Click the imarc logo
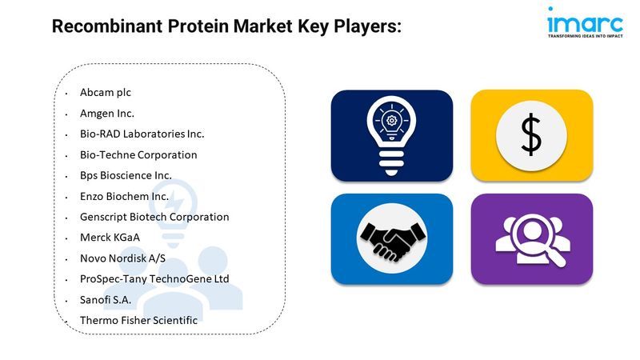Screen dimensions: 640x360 coord(586,22)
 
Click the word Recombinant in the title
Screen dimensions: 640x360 coord(107,26)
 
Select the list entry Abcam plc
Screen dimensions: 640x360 coord(106,93)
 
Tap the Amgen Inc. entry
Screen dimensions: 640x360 coord(107,114)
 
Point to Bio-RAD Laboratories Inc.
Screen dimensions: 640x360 coord(142,134)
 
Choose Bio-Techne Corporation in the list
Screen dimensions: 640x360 coord(138,154)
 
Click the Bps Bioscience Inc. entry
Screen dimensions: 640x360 coord(126,175)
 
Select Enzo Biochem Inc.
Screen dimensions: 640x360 coord(124,196)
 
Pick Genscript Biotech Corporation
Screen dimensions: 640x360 coord(154,217)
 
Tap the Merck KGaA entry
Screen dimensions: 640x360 coord(110,238)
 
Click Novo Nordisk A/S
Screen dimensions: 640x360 coord(122,258)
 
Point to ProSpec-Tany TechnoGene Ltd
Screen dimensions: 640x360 coord(154,279)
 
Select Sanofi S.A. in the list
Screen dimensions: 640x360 coord(106,300)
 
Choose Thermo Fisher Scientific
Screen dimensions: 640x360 coord(138,321)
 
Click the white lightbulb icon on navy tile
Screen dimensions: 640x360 coord(391,136)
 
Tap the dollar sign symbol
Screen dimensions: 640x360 coord(531,134)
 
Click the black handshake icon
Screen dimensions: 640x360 coord(392,242)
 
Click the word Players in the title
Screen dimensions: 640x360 coord(366,27)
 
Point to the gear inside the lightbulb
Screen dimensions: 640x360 coord(391,121)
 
